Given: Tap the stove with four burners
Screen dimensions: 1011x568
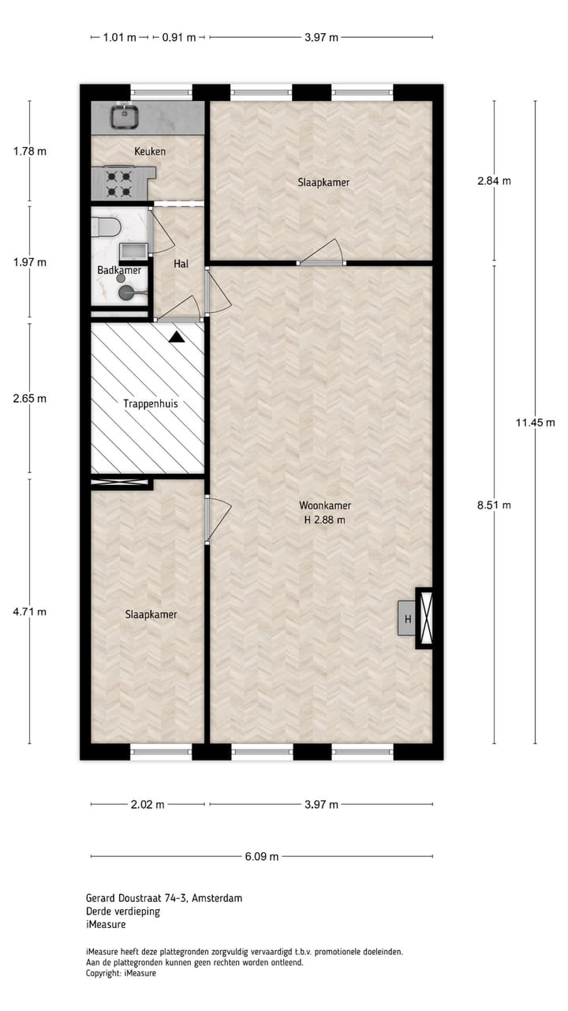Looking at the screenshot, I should [119, 183].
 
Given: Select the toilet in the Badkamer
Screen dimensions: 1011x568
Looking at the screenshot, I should [106, 228].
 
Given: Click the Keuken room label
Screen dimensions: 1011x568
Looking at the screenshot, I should [150, 151].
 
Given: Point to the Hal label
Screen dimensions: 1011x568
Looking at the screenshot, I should [181, 264].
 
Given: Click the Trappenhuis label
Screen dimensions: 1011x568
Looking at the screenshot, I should [150, 403].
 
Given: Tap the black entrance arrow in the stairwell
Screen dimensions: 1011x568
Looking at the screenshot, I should [177, 336].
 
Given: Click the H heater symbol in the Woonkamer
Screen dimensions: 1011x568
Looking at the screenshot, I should [408, 618].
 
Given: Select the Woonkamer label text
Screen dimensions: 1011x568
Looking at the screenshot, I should [325, 505].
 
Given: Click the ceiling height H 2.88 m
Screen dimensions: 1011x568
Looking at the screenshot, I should [325, 520].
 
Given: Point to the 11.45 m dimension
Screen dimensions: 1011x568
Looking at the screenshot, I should [536, 423].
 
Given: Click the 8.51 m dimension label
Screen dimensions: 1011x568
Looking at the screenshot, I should [495, 505].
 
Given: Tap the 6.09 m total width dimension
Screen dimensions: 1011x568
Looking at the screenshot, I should [263, 856].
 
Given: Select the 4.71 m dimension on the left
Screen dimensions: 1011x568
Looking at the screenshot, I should [30, 611].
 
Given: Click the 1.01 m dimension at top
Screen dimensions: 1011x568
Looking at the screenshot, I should [120, 37].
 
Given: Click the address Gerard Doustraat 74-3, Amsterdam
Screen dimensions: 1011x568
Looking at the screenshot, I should [164, 898].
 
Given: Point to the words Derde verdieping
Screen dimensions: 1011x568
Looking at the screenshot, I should [123, 911].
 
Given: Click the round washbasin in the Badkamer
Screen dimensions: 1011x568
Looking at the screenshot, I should [126, 293].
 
